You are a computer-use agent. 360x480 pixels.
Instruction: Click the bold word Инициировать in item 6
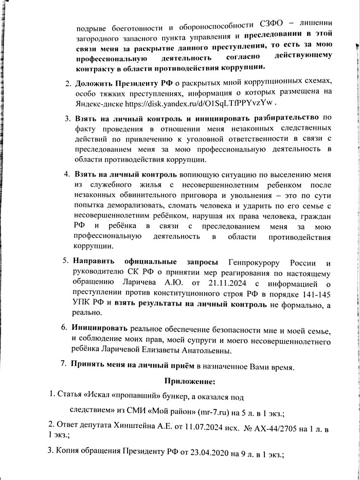tap(100, 327)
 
